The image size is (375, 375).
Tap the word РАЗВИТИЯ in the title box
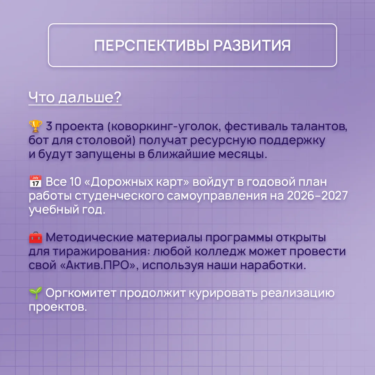[252, 45]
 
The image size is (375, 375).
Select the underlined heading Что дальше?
[75, 97]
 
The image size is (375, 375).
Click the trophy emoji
[35, 126]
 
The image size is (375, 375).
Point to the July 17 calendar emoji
[35, 181]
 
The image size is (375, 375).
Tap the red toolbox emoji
[35, 237]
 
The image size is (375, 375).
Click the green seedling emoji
[35, 293]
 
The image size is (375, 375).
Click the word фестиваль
[256, 126]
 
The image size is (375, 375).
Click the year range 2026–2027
[317, 195]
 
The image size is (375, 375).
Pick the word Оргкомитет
[81, 293]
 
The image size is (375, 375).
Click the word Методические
[90, 237]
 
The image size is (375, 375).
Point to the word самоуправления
[217, 196]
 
